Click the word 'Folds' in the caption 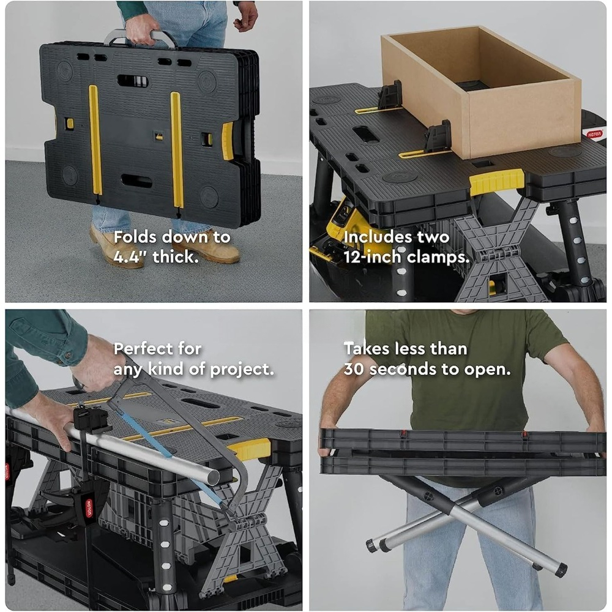[135, 237]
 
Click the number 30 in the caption [354, 369]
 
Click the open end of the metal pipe [213, 477]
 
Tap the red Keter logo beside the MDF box [594, 134]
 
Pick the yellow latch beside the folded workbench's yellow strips [228, 141]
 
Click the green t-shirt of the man [465, 371]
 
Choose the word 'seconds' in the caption [403, 369]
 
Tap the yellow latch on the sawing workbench [250, 449]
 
